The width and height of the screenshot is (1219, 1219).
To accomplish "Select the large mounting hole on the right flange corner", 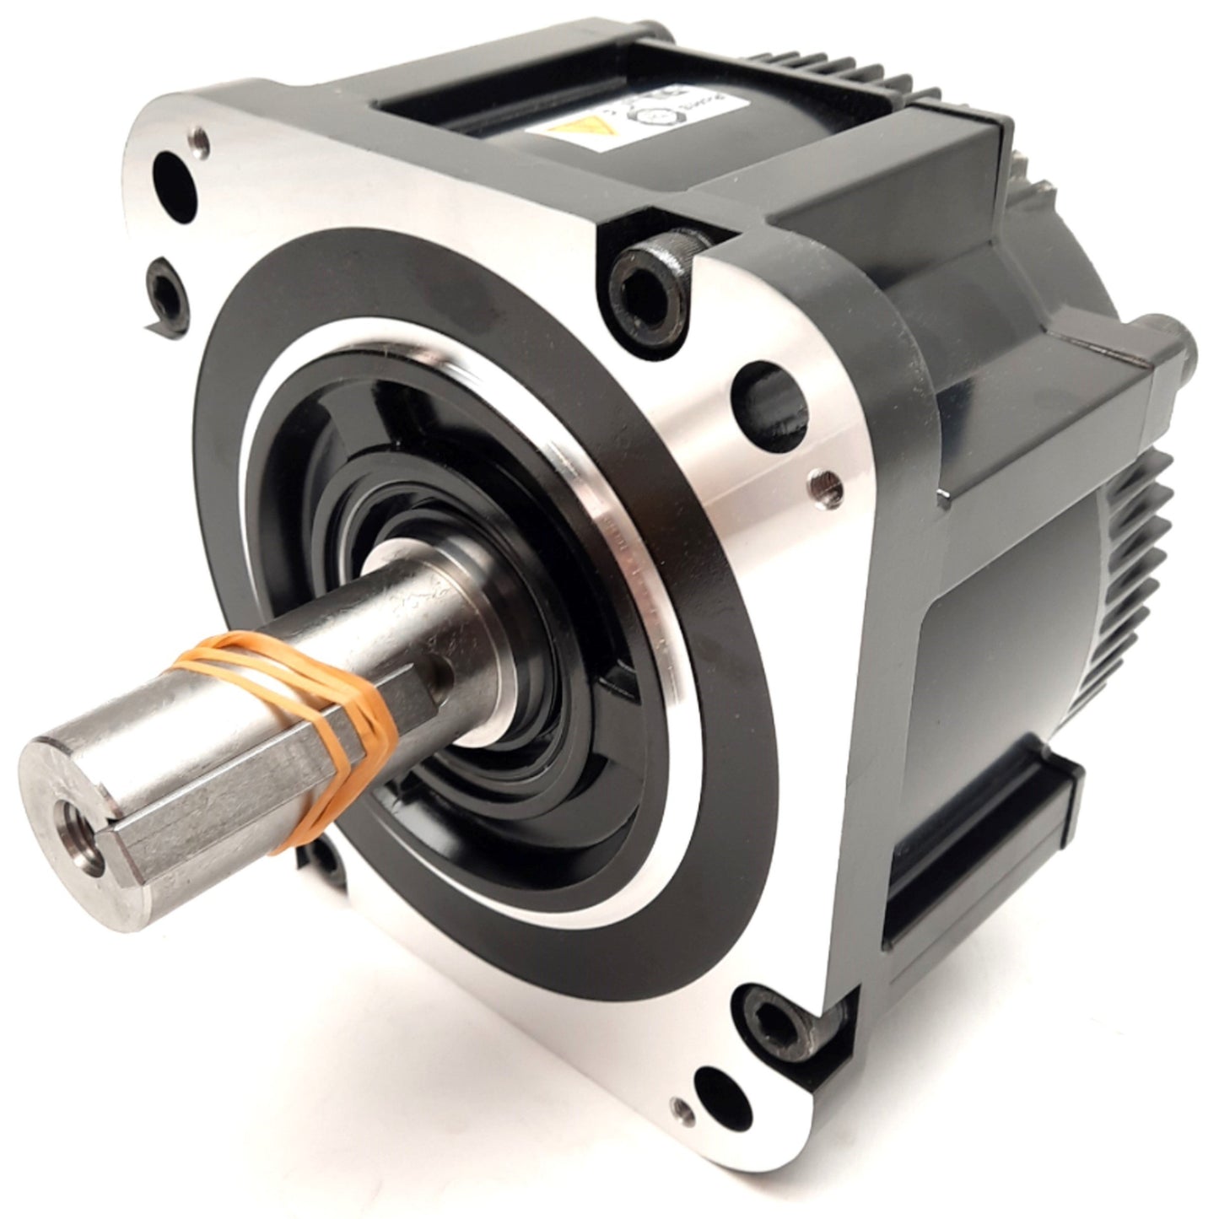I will coord(771,391).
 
